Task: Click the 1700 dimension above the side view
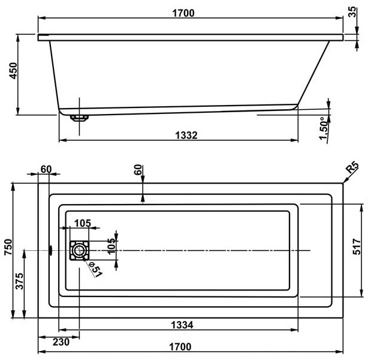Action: (x=183, y=13)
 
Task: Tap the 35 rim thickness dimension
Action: (x=352, y=12)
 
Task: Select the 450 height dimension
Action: (x=13, y=70)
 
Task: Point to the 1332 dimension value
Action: (x=186, y=136)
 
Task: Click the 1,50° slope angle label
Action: (x=324, y=128)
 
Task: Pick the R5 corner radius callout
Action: (x=353, y=167)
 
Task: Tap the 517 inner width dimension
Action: (x=357, y=247)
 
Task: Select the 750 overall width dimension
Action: (x=8, y=247)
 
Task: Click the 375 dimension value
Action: (x=19, y=281)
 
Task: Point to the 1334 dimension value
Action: (x=182, y=325)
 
